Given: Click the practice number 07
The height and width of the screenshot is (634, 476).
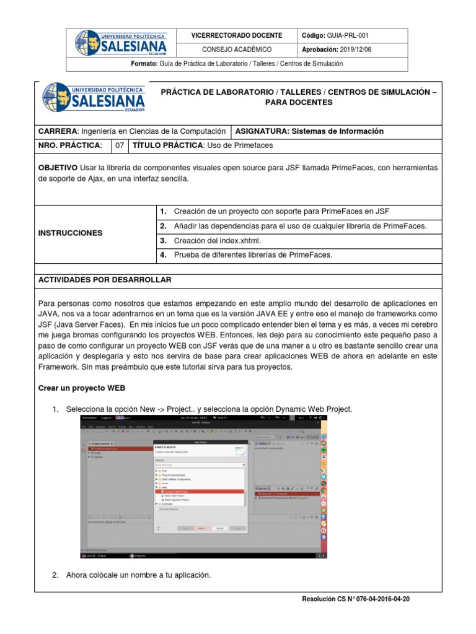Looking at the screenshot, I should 120,145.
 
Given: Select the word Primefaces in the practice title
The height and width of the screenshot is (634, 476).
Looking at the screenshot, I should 252,145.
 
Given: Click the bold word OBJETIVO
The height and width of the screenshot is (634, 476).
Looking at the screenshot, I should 58,168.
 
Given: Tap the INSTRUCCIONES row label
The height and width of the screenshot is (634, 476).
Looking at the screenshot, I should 70,233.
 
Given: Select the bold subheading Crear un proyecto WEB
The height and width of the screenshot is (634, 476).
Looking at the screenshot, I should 82,388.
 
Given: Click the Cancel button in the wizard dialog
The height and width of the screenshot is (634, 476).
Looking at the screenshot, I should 219,528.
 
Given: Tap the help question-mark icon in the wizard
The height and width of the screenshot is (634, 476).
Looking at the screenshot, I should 159,528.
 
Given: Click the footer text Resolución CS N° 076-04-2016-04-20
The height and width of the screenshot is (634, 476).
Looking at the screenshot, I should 355,599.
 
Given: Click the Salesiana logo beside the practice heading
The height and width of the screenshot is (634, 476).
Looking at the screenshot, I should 94,98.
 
